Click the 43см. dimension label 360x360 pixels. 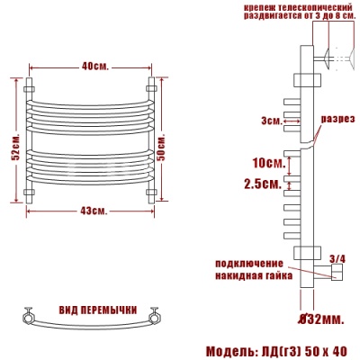94,211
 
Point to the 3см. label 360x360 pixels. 271,120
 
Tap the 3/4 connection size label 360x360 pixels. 338,259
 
